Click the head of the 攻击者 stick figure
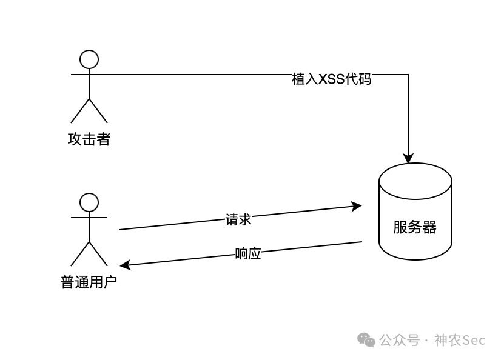click(89, 59)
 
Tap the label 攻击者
click(89, 139)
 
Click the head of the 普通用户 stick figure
click(89, 202)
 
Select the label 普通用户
click(89, 282)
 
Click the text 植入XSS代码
click(331, 79)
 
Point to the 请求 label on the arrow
click(238, 219)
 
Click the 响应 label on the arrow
click(248, 254)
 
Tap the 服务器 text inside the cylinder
click(415, 227)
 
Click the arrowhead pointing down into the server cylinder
click(408, 159)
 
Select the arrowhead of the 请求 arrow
click(357, 206)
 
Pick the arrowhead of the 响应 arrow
click(125, 265)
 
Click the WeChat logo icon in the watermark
click(366, 340)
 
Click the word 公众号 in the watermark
click(399, 341)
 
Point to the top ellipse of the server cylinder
click(415, 181)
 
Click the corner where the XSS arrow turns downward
click(408, 75)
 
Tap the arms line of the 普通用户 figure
click(89, 217)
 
